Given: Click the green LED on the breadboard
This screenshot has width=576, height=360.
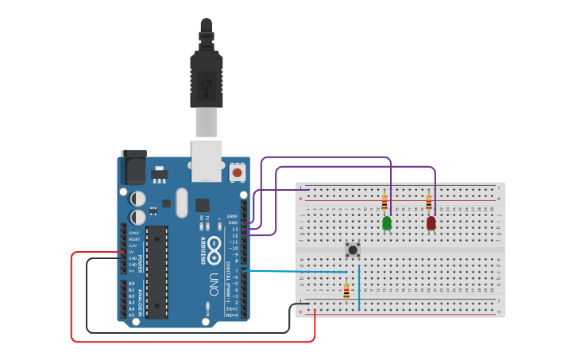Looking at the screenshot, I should [x=387, y=223].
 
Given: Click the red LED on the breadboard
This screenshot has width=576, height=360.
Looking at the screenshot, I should [x=431, y=223].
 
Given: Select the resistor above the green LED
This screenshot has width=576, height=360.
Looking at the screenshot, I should [x=385, y=202].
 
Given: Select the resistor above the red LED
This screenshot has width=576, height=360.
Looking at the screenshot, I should [x=429, y=202].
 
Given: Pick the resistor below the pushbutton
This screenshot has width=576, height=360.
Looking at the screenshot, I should [x=346, y=291].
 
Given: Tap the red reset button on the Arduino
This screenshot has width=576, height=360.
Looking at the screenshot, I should [x=237, y=172].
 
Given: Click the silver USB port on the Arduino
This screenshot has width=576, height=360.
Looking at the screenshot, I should [x=207, y=159].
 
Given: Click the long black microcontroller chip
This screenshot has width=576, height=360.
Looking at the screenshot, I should [x=157, y=271].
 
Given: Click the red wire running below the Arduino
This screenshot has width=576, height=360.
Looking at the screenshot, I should [x=191, y=341].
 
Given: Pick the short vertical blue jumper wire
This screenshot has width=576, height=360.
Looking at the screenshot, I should [x=359, y=286].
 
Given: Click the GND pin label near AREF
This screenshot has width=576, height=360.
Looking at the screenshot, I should [x=233, y=223].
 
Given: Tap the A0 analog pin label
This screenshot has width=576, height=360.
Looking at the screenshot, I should [x=132, y=284].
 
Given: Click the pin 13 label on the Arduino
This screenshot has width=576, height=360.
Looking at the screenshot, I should [x=234, y=229].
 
